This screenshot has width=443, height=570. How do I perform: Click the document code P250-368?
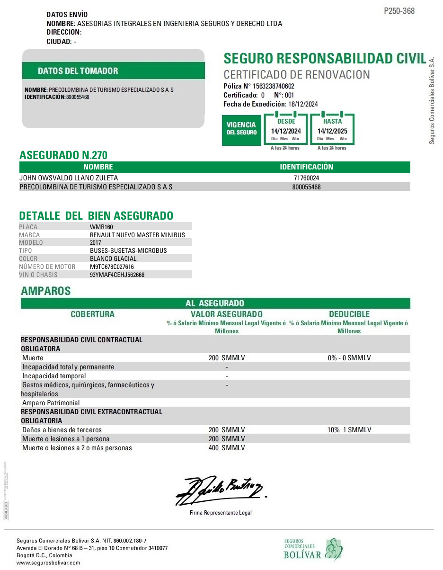click(x=399, y=11)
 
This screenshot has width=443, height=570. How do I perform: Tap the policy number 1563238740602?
click(x=274, y=86)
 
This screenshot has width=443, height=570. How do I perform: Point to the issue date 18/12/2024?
click(x=303, y=104)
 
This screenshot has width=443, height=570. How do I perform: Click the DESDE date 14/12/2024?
click(x=285, y=131)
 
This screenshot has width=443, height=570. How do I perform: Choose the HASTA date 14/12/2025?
click(x=332, y=131)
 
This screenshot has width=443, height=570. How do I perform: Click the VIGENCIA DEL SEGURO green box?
click(x=241, y=129)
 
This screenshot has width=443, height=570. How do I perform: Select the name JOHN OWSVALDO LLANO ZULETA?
click(x=69, y=178)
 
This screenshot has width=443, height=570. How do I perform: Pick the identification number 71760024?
click(x=306, y=178)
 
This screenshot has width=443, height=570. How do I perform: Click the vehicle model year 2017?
click(x=95, y=243)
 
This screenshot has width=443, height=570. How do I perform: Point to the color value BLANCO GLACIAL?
click(x=113, y=259)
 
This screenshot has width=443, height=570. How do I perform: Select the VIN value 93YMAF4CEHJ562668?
click(x=117, y=275)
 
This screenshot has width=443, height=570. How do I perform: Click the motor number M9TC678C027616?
click(x=112, y=267)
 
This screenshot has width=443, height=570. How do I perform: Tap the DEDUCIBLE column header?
click(x=349, y=314)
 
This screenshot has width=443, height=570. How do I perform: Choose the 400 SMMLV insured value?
click(x=227, y=448)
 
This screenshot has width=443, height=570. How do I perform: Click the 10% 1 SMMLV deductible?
click(x=349, y=430)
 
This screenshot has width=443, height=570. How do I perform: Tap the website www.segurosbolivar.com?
click(x=49, y=563)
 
